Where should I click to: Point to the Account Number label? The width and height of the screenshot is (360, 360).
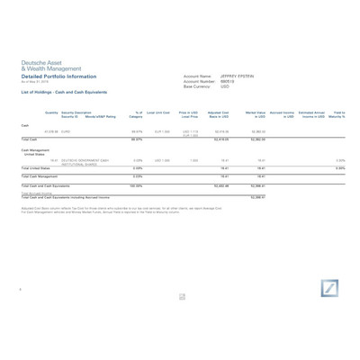click(x=199, y=82)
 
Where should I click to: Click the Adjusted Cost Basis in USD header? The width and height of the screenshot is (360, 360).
click(x=219, y=114)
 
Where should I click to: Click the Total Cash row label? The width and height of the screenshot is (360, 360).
click(x=30, y=139)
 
